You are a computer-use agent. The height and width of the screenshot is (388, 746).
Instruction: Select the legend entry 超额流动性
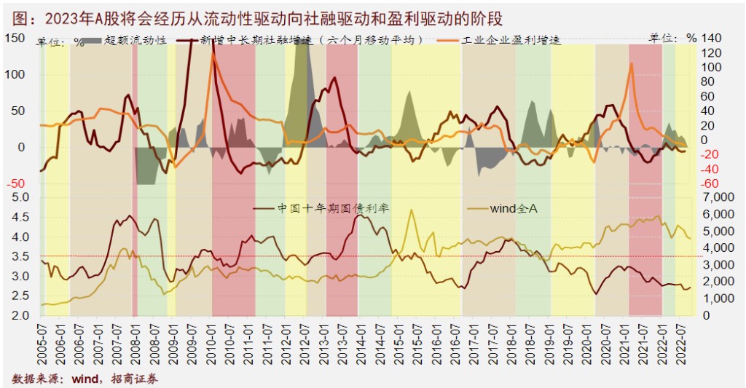(136, 40)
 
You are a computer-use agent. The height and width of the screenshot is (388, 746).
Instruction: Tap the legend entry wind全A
(514, 208)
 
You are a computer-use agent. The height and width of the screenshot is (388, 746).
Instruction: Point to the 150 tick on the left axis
(15, 38)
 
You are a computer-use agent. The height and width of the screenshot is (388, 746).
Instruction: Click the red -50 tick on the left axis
(15, 184)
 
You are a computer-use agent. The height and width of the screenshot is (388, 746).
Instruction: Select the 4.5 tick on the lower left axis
(17, 217)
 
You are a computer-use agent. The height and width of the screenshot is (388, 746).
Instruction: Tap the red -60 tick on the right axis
(710, 183)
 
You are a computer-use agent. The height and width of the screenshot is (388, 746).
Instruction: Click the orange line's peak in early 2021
(631, 63)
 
